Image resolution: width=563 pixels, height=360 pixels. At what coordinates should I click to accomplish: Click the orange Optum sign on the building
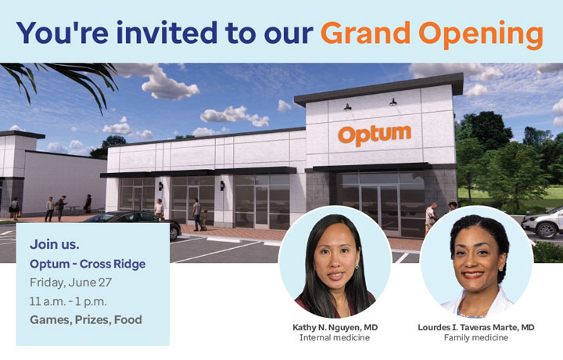pyautogui.click(x=375, y=135)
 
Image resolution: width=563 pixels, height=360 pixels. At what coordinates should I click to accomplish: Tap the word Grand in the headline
pyautogui.click(x=365, y=33)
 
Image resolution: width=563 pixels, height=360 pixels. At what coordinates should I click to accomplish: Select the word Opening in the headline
pyautogui.click(x=481, y=34)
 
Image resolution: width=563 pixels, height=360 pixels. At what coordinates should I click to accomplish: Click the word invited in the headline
pyautogui.click(x=167, y=32)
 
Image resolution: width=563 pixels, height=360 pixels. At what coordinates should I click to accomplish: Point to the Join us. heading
pyautogui.click(x=55, y=244)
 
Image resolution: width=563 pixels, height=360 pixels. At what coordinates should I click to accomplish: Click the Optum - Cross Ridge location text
pyautogui.click(x=88, y=264)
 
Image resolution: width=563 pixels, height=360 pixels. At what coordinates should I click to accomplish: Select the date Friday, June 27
pyautogui.click(x=70, y=283)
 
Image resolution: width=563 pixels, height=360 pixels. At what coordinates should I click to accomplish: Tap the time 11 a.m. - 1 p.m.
pyautogui.click(x=68, y=301)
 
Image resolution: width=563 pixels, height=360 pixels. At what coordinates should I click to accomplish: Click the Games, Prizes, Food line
pyautogui.click(x=86, y=320)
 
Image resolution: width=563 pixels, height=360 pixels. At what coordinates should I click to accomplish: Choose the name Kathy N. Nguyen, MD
pyautogui.click(x=335, y=327)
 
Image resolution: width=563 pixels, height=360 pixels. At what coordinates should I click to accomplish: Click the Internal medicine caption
pyautogui.click(x=335, y=338)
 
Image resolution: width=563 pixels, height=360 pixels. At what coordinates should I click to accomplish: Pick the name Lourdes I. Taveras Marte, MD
pyautogui.click(x=476, y=327)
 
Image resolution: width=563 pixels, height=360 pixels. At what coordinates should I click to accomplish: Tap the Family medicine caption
pyautogui.click(x=476, y=338)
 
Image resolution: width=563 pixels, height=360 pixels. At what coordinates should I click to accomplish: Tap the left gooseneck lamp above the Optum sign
pyautogui.click(x=347, y=106)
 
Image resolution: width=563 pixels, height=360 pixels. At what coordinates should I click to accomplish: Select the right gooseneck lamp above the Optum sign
pyautogui.click(x=393, y=102)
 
